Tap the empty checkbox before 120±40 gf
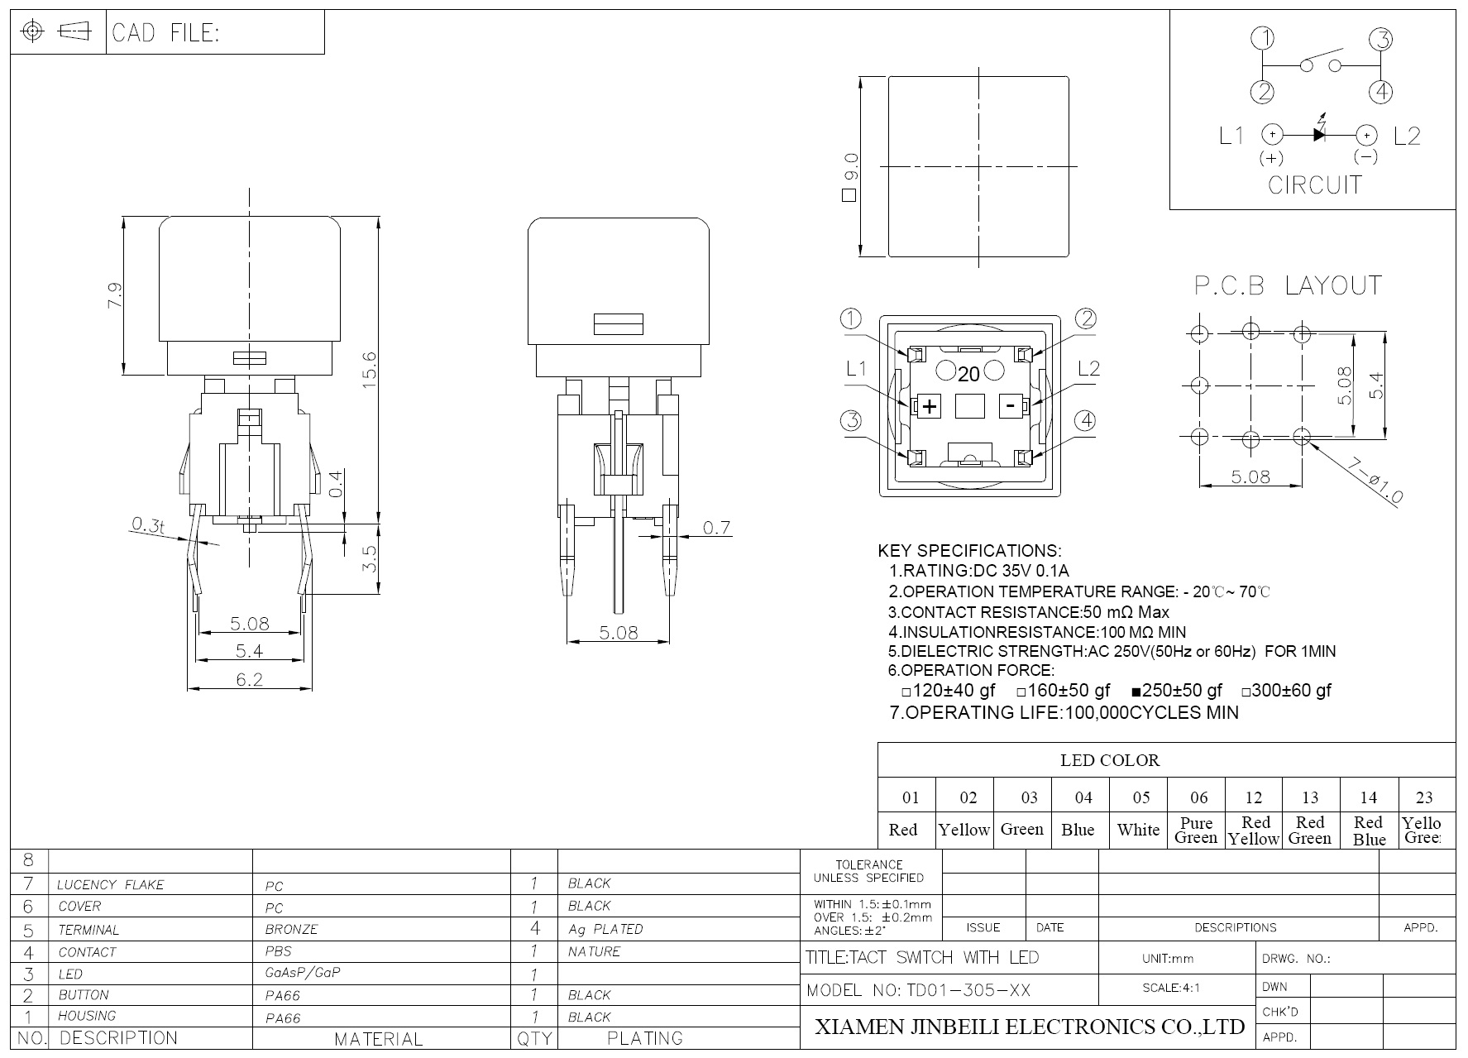(x=906, y=692)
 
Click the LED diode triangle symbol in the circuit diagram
(x=1319, y=134)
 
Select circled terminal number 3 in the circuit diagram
(x=1380, y=39)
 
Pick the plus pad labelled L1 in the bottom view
(x=930, y=406)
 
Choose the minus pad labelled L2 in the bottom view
(x=1011, y=405)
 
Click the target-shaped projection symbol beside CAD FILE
(x=33, y=31)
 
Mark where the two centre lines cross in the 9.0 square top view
(x=979, y=167)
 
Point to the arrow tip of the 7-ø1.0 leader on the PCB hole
(x=1309, y=441)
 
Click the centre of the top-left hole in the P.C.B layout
(x=1199, y=333)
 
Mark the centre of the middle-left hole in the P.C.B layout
(x=1199, y=385)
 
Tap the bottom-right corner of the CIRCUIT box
(x=1456, y=209)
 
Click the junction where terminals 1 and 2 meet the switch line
(x=1262, y=65)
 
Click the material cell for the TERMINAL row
(x=291, y=930)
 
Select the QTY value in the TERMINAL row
(x=535, y=929)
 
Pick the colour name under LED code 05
(x=1138, y=830)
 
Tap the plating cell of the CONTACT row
(x=594, y=952)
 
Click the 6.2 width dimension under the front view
(x=249, y=679)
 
